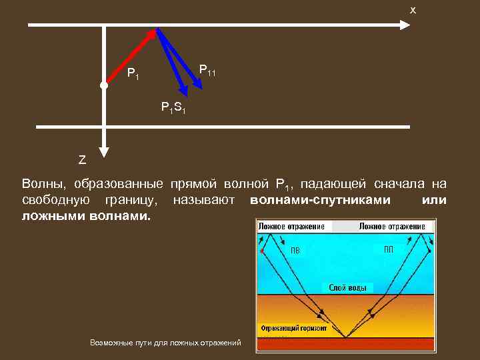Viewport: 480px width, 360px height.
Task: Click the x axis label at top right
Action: click(413, 10)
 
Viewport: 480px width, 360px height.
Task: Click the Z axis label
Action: click(82, 160)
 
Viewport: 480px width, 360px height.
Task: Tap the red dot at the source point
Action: click(103, 85)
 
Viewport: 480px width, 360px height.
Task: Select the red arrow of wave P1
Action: click(131, 57)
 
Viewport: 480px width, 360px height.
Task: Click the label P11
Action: click(207, 69)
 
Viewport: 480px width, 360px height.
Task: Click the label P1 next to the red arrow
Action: click(133, 73)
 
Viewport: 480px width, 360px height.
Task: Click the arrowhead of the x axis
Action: click(404, 25)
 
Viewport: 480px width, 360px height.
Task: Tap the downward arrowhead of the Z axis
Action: click(104, 149)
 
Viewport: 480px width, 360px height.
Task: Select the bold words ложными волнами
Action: click(87, 217)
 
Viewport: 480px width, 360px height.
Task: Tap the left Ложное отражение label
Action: click(291, 227)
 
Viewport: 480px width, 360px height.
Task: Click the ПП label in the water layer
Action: click(389, 249)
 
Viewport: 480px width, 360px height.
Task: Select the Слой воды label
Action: click(347, 287)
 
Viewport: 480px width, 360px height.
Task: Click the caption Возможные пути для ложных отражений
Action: click(165, 343)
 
